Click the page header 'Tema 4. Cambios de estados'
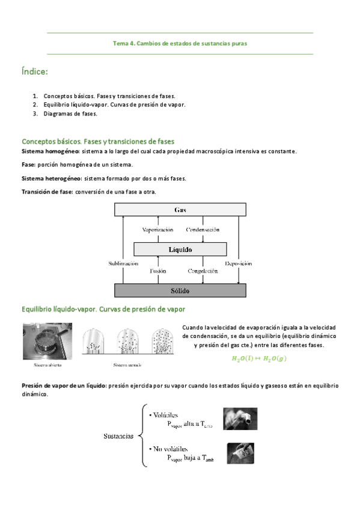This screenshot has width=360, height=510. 180,43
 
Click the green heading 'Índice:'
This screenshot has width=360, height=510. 34,72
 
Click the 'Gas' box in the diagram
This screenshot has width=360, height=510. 180,209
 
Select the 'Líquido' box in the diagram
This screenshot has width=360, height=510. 180,248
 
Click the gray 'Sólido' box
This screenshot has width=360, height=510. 180,291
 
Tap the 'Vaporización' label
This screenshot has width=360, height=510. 157,230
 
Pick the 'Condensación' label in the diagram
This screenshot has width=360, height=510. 203,230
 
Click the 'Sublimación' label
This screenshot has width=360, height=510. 123,263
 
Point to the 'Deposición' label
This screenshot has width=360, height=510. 238,263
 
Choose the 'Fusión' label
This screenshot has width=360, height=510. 157,271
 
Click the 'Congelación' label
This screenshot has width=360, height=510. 202,271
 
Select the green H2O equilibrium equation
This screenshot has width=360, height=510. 259,359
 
